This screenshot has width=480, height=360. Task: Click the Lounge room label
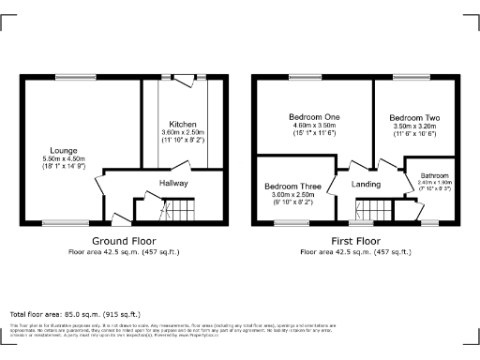pos(65,150)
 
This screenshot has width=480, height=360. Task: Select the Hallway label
pos(173,183)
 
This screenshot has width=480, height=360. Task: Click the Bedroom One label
pos(314,116)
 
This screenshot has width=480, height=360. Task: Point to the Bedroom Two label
pos(413,118)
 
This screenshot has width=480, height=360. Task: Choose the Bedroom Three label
pos(292,187)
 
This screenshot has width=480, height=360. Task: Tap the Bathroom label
pos(434,175)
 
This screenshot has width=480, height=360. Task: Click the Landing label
pos(366,184)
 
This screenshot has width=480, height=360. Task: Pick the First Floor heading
pos(354,241)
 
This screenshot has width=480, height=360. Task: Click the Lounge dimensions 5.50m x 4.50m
pos(65,159)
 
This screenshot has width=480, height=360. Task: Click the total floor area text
pos(75,313)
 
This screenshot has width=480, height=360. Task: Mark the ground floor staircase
pos(177,209)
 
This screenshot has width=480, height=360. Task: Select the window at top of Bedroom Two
pos(412,78)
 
